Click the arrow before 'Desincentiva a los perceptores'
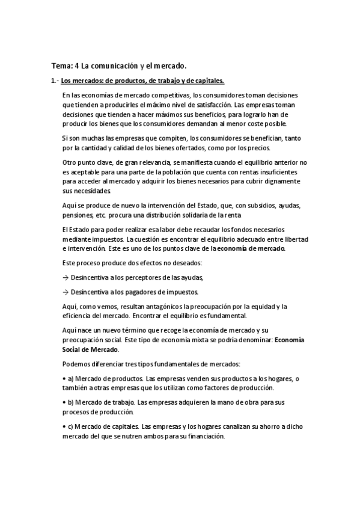coord(65,277)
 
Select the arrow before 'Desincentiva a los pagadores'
coord(65,292)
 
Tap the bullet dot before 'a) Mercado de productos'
coord(64,378)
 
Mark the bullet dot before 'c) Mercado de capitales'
coord(64,427)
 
